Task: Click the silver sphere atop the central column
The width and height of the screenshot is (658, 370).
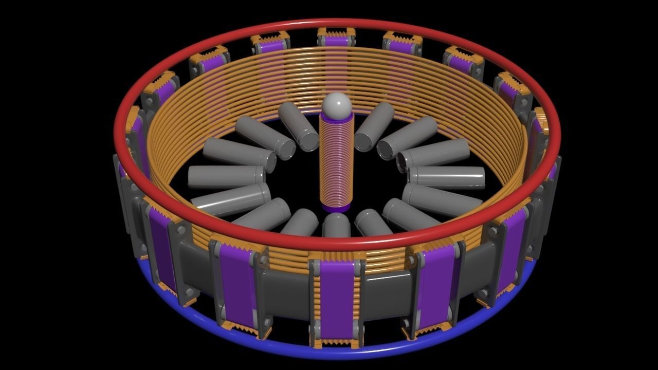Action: (x=337, y=105)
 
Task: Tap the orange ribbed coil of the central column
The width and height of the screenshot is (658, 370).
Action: (x=337, y=159)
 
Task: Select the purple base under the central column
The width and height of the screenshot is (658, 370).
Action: (x=337, y=208)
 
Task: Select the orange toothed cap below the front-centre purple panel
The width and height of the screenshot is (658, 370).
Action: (x=337, y=343)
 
